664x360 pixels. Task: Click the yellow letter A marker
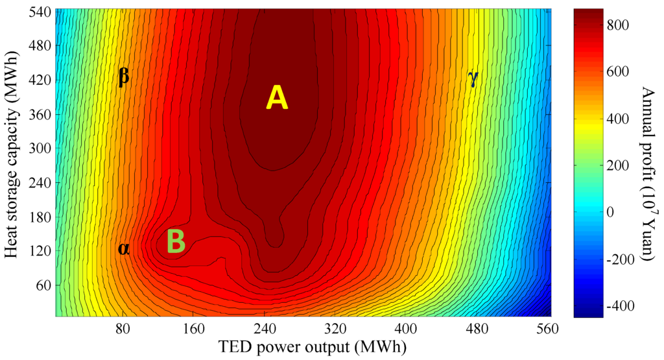point(276,98)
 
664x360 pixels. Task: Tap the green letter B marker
point(176,242)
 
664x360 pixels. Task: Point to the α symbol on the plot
point(123,248)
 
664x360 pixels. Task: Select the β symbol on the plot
point(124,77)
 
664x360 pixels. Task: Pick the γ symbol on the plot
point(473,78)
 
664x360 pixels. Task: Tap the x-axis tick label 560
point(548,329)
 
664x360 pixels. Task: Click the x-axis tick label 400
point(406,329)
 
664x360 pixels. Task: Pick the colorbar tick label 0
point(613,212)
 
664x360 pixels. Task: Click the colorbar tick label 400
point(622,119)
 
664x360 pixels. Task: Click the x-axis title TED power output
point(302,347)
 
